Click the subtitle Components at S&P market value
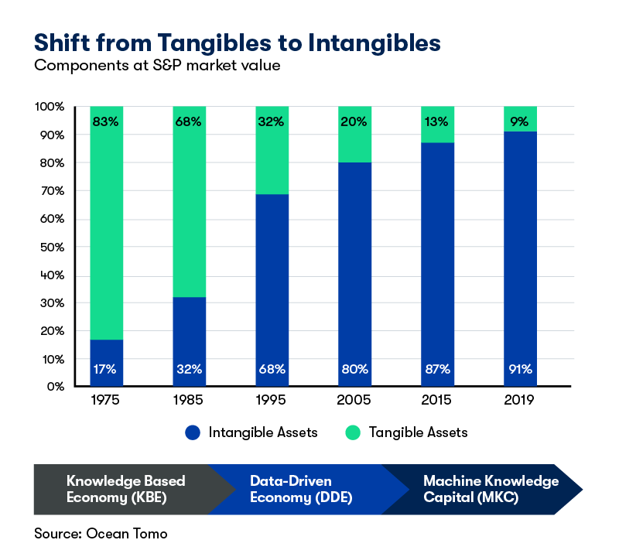click(x=156, y=66)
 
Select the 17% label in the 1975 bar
click(x=106, y=369)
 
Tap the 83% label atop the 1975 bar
click(x=106, y=121)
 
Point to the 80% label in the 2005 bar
click(x=354, y=369)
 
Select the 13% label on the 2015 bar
click(x=437, y=121)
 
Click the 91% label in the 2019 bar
click(x=520, y=369)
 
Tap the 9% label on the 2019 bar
click(x=520, y=121)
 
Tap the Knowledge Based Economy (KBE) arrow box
click(x=128, y=489)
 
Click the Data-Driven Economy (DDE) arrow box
click(x=302, y=489)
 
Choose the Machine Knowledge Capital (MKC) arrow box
click(x=487, y=489)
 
